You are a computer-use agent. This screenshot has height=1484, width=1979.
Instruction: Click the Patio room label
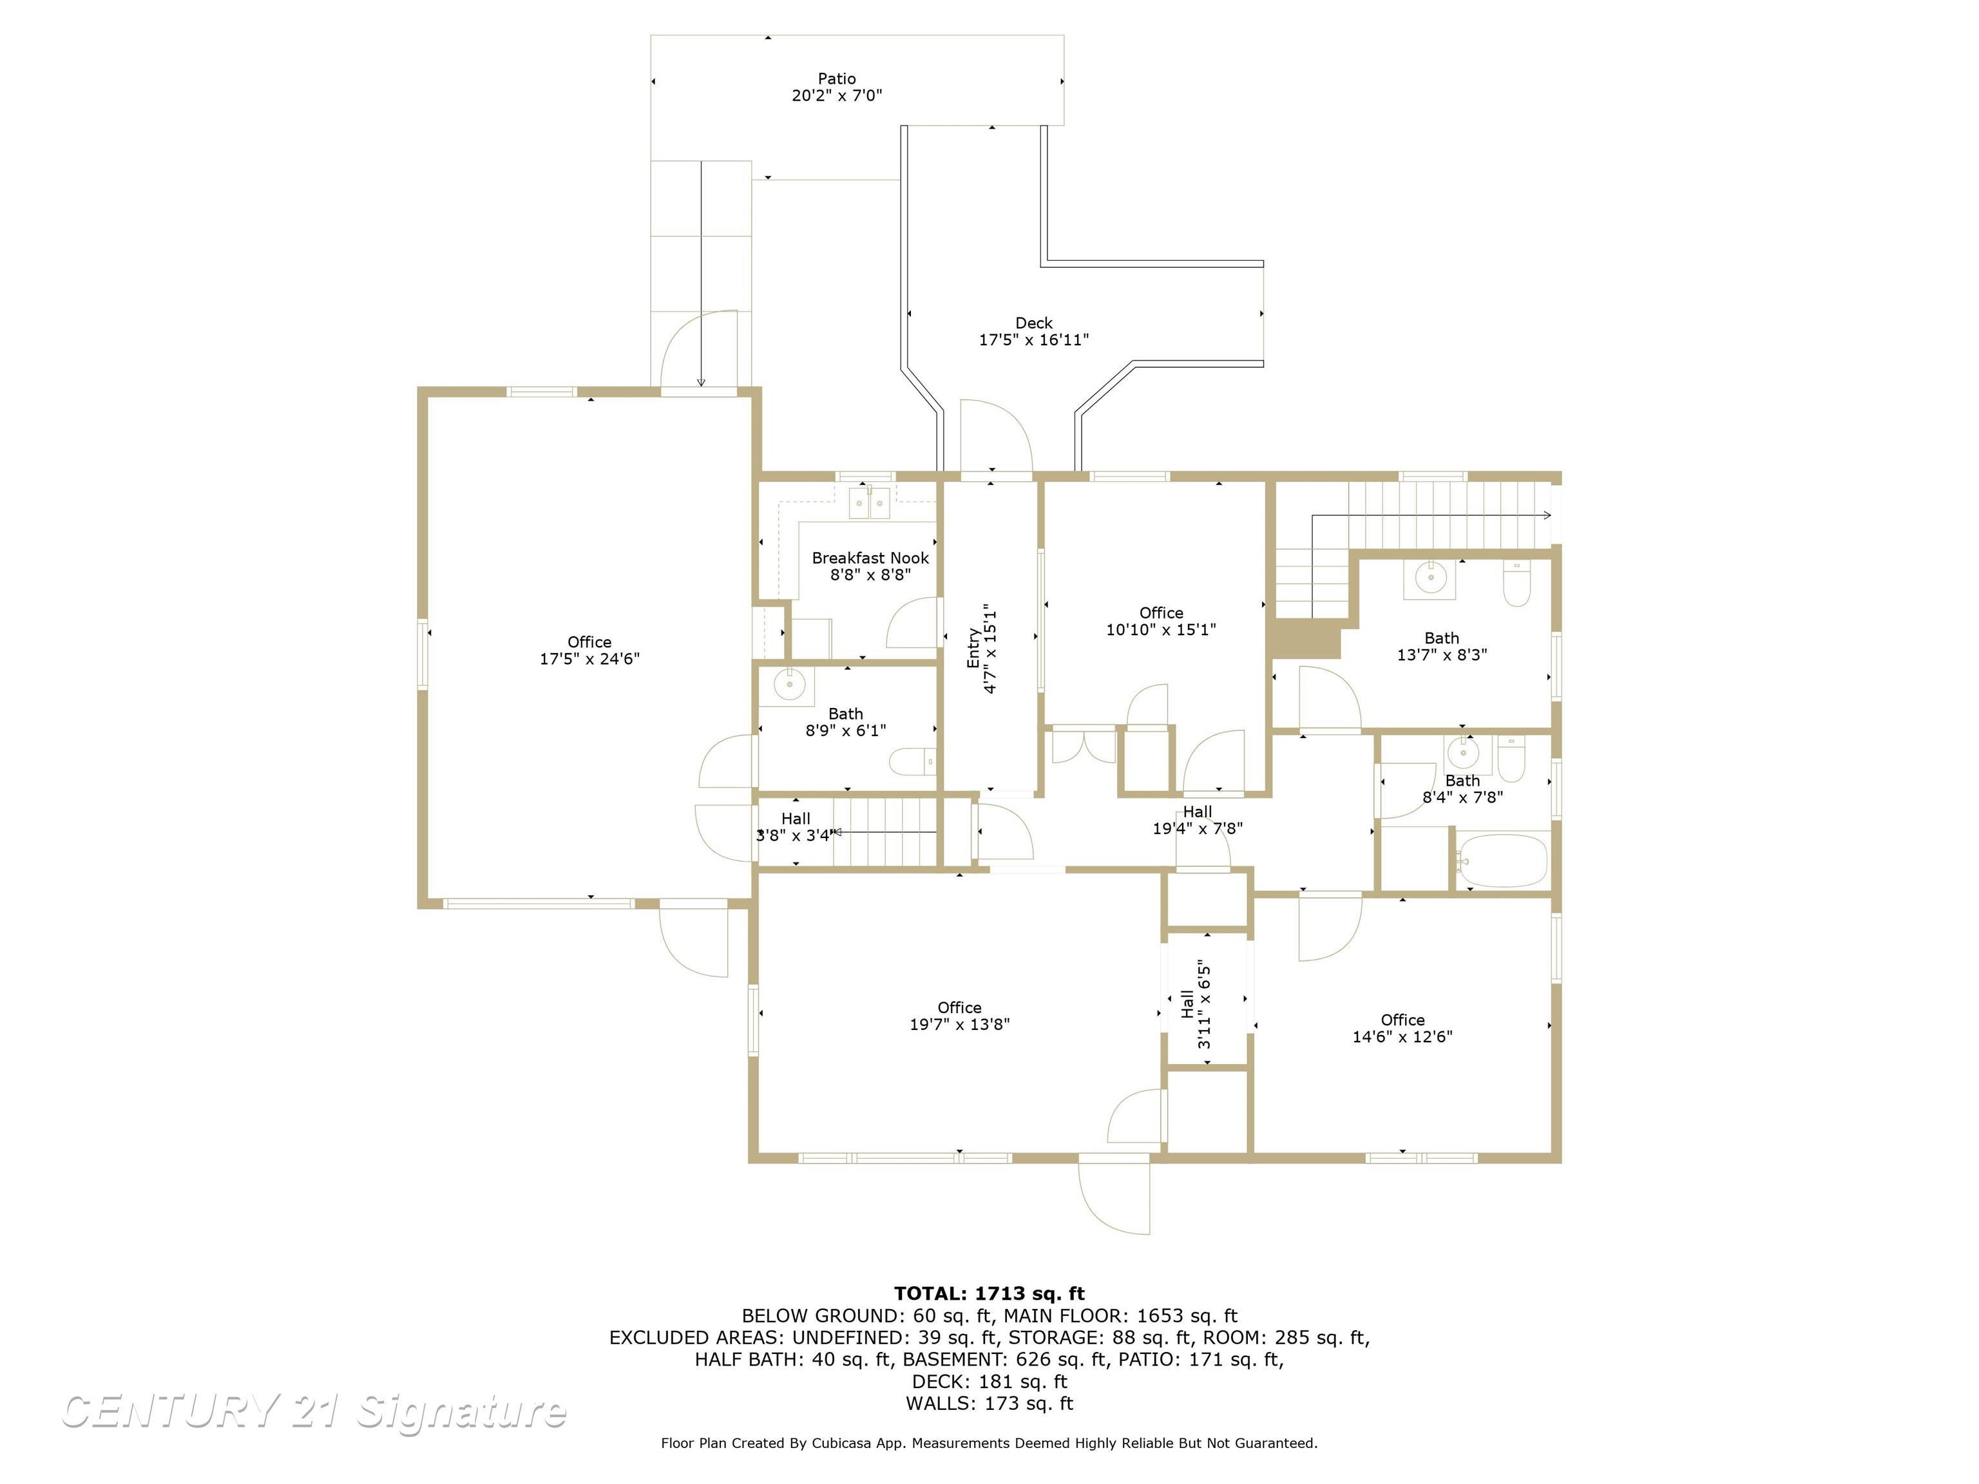[837, 79]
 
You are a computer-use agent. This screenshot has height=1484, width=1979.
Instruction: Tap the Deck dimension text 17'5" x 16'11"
[1033, 340]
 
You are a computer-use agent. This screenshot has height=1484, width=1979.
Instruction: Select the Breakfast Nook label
[870, 558]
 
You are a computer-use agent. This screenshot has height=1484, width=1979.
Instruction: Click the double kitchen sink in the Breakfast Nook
[870, 504]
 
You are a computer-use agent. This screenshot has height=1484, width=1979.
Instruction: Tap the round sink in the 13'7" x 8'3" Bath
[1431, 578]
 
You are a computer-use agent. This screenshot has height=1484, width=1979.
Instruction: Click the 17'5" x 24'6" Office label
[589, 651]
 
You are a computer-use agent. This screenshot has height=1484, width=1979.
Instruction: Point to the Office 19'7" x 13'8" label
[959, 1016]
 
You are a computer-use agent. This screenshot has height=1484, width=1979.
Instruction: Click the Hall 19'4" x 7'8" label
[1197, 821]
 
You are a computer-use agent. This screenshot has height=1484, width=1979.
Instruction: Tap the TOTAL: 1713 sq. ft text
[989, 1293]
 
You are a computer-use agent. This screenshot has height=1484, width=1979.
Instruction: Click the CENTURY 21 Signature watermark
[313, 1412]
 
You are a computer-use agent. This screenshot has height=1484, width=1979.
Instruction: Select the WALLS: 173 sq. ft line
[989, 1403]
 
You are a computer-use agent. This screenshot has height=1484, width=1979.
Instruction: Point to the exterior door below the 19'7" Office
[1114, 1195]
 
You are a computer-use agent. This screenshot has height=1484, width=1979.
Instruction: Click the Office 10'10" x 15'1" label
[1160, 621]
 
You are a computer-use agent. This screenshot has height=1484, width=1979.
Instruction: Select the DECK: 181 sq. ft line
[989, 1381]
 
